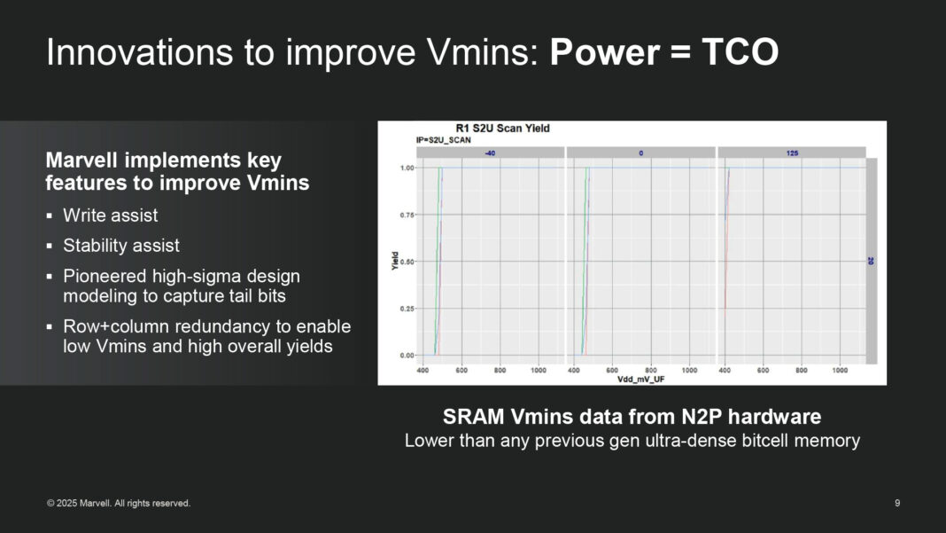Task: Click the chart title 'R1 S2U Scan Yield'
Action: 502,129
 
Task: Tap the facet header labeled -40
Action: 489,153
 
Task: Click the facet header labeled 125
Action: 792,153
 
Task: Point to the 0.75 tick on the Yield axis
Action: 407,215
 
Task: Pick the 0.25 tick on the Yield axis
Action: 407,309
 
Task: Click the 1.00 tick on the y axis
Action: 407,168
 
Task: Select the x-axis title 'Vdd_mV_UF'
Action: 642,379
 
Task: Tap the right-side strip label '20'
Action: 871,261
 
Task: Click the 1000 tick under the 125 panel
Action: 841,369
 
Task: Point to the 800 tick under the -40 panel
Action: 500,369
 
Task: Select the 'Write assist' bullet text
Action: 111,216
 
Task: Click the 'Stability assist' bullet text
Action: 121,246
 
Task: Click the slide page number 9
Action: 897,503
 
